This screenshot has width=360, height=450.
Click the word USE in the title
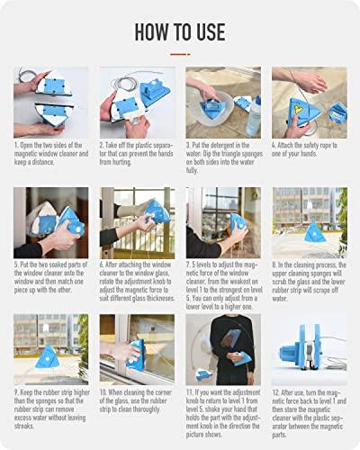208,31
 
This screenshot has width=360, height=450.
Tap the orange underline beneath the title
179,53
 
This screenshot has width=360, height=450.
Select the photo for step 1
50,102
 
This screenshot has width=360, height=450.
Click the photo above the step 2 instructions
137,102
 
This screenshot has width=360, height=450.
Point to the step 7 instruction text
222,285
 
